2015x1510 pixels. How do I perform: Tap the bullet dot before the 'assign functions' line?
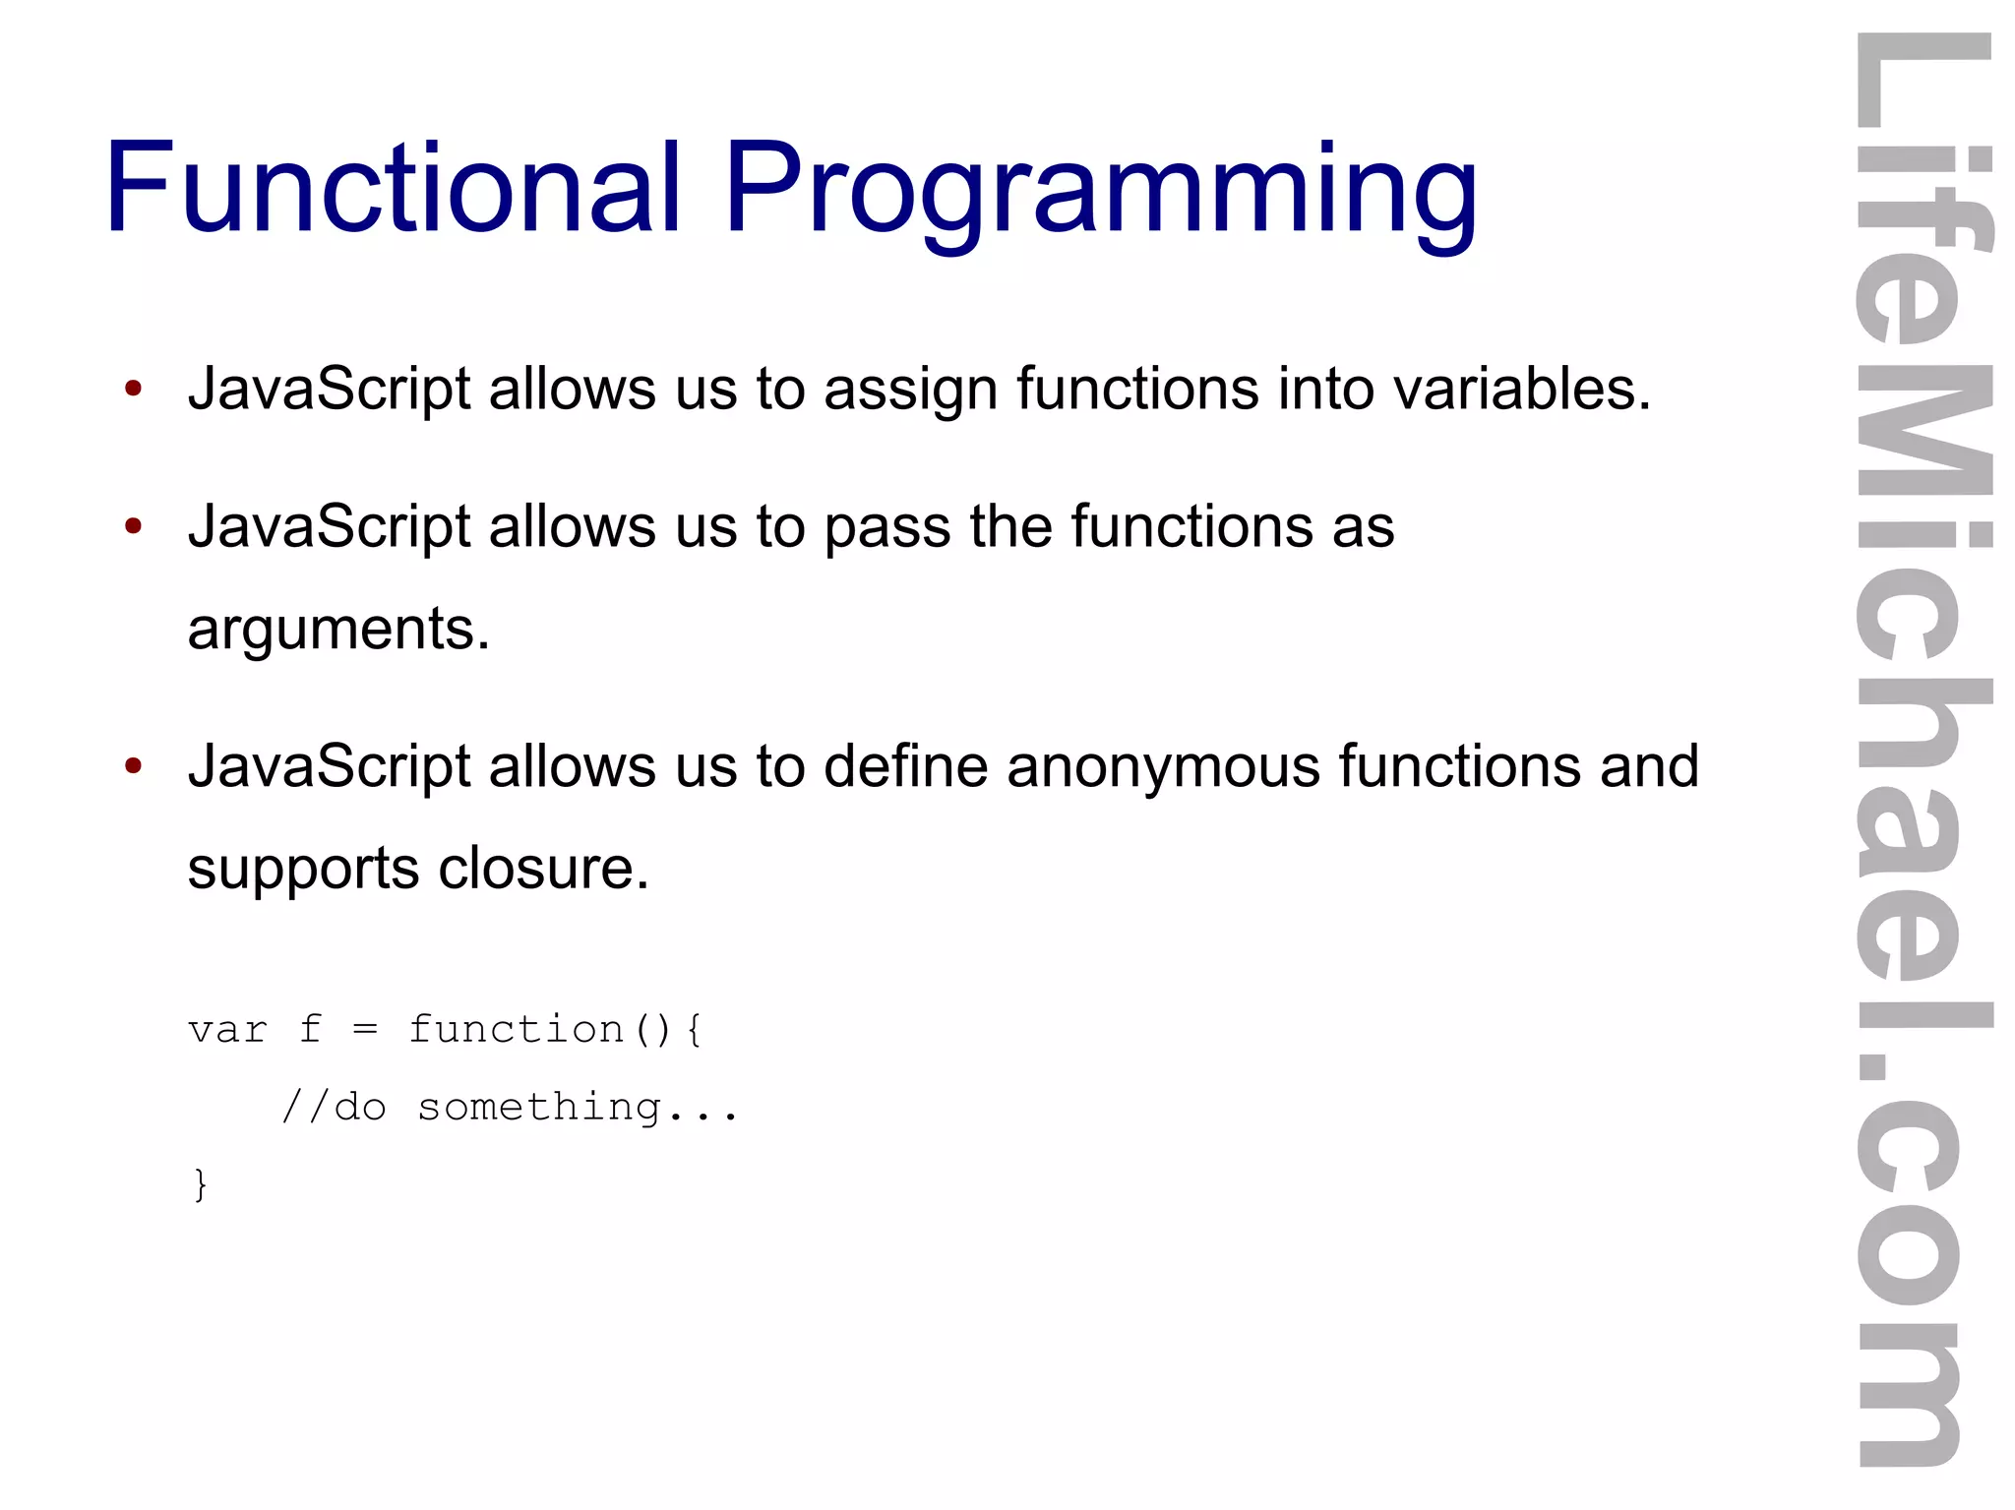(134, 388)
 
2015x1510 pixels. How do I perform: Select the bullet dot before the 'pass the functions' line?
(134, 526)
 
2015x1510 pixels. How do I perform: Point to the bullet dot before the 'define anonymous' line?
(134, 766)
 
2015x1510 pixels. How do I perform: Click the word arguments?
(337, 630)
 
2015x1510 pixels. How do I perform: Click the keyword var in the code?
(227, 1030)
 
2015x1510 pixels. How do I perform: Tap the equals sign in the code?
(365, 1030)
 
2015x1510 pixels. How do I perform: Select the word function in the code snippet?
(516, 1030)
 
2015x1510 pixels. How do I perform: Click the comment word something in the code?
(539, 1109)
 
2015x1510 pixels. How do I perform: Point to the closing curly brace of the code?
(201, 1183)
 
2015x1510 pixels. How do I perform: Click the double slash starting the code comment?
(303, 1107)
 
